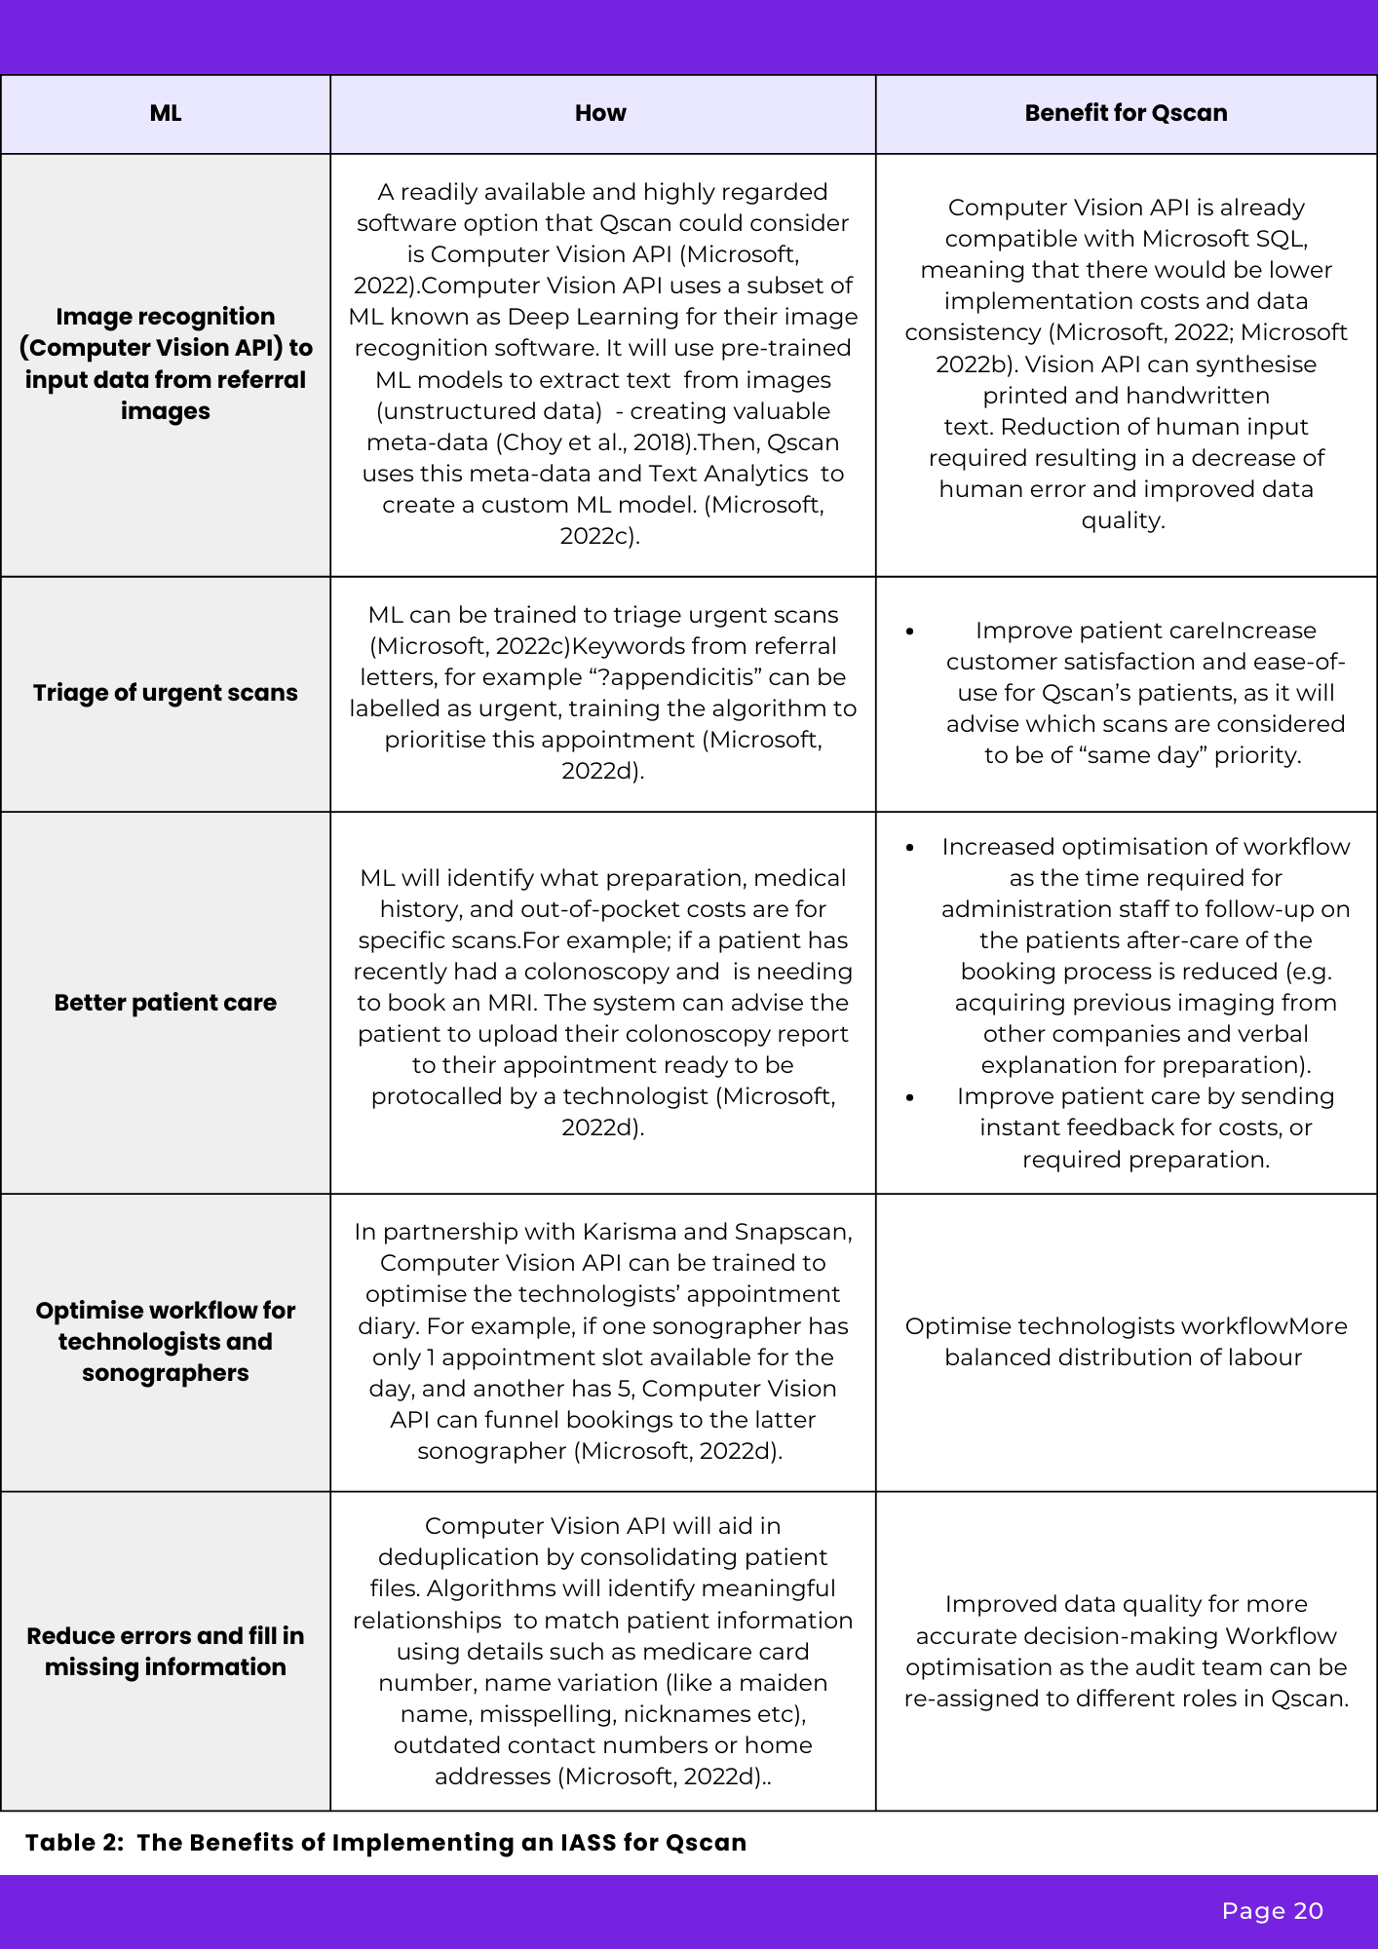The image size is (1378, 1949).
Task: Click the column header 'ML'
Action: click(166, 113)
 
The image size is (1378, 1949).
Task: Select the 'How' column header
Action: click(600, 113)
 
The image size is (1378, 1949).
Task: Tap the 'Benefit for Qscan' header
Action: click(1126, 113)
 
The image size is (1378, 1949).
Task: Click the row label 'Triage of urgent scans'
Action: click(166, 693)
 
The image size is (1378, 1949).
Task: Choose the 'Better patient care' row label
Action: click(166, 1003)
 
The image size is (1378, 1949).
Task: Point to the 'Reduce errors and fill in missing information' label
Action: click(166, 1651)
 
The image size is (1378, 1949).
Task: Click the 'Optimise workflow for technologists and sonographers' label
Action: click(166, 1342)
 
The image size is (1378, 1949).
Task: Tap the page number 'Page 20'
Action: click(1272, 1911)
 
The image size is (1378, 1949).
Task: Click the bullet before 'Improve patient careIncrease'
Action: click(910, 631)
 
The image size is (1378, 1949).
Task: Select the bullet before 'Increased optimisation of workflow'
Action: click(910, 848)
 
